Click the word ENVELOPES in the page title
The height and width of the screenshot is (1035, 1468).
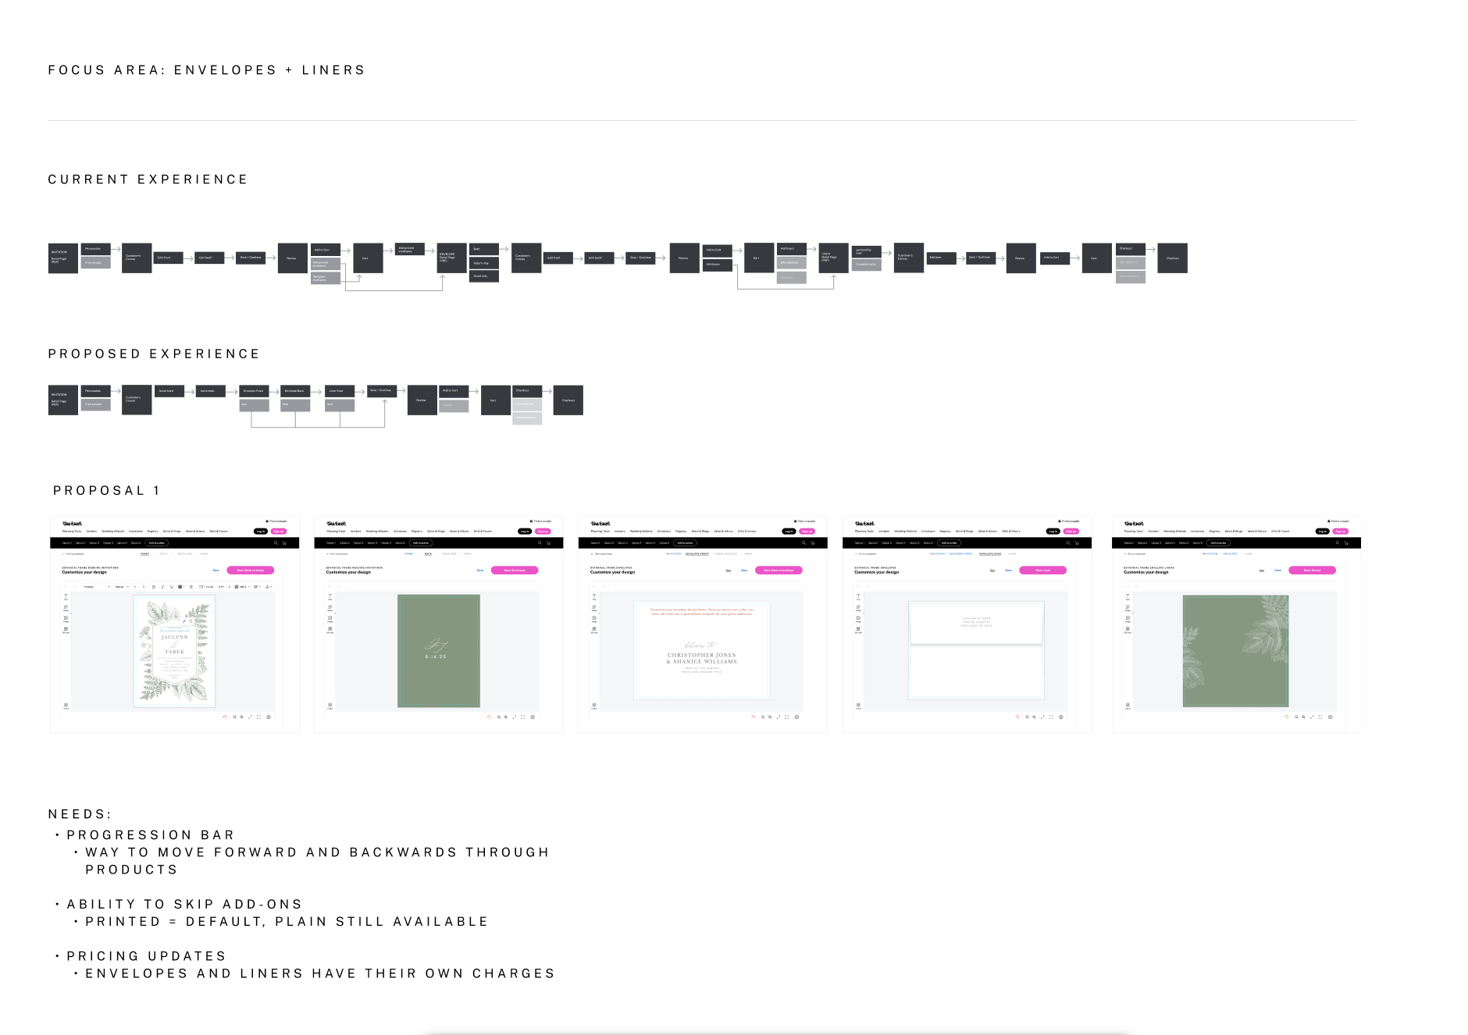(225, 70)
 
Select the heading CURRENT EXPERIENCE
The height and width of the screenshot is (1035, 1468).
(148, 180)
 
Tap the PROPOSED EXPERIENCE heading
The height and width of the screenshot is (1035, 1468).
(154, 354)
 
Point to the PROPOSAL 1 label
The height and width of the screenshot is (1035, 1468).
(106, 491)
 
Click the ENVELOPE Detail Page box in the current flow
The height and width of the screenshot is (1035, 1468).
(451, 258)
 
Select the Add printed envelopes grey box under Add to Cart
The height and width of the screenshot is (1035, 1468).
(325, 265)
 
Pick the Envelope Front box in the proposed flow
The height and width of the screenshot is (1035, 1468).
(254, 391)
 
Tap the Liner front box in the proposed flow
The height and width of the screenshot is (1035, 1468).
(339, 391)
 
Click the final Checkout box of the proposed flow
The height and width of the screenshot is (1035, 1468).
(568, 400)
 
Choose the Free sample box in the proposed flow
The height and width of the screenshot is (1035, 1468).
(95, 404)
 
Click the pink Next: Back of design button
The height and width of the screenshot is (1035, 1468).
(250, 571)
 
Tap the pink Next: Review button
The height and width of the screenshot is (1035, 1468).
(1312, 571)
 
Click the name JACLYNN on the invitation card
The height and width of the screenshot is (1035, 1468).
(174, 637)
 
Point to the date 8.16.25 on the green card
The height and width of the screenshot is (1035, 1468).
(436, 657)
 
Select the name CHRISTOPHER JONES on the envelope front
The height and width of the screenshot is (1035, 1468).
(701, 655)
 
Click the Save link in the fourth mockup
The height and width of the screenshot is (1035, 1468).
(1008, 571)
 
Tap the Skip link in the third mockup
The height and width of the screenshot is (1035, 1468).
(729, 571)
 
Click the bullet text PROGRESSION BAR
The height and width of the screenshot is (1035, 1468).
(150, 835)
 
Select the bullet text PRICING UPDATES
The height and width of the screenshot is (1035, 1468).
(146, 956)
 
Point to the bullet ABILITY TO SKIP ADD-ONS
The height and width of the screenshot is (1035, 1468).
(184, 905)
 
